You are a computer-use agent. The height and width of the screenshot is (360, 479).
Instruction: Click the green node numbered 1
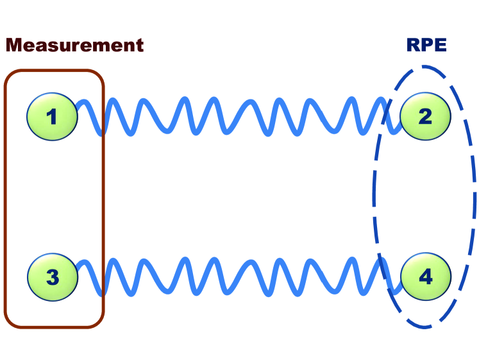(x=52, y=116)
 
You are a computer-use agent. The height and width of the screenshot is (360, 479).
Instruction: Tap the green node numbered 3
(x=52, y=277)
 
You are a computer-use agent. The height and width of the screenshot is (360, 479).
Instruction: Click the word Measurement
(x=74, y=45)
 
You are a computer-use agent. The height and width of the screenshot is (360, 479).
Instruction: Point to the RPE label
(x=426, y=45)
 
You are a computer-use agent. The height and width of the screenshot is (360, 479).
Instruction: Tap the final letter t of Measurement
(x=139, y=46)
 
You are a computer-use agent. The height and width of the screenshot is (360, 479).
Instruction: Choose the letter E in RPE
(x=440, y=45)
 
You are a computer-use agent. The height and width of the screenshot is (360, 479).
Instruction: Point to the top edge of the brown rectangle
(x=54, y=71)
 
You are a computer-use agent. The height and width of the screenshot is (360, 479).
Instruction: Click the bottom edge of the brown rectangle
(x=54, y=327)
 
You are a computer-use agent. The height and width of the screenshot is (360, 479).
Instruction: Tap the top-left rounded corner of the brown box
(x=9, y=75)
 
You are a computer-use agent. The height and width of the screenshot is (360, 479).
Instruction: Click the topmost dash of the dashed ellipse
(x=424, y=66)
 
